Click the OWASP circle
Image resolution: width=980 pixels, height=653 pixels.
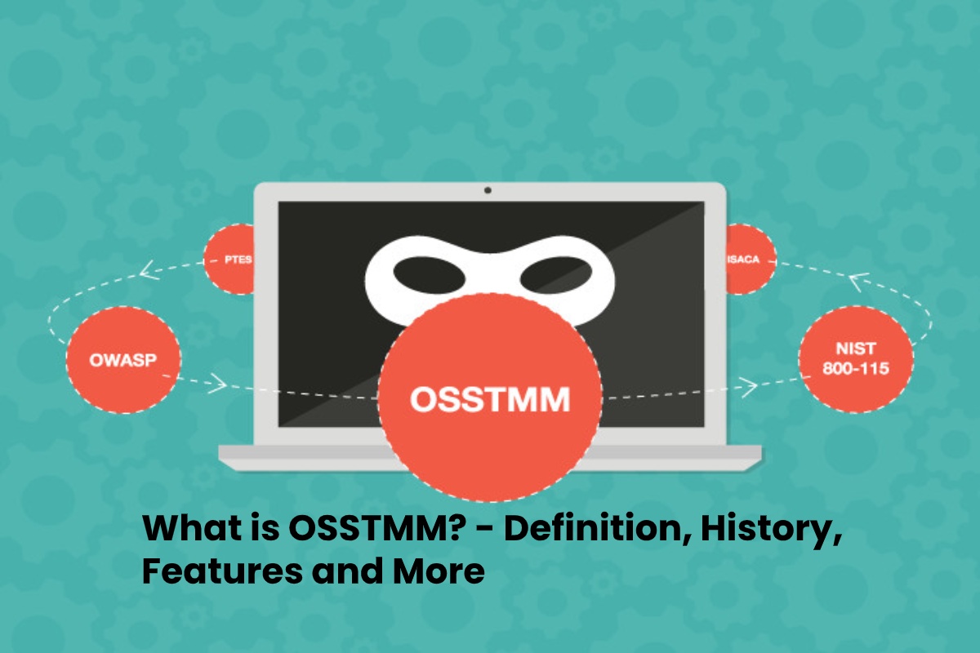pyautogui.click(x=123, y=359)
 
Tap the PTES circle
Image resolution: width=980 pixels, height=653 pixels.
pyautogui.click(x=229, y=259)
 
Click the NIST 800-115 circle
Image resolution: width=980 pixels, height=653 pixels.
pyautogui.click(x=856, y=359)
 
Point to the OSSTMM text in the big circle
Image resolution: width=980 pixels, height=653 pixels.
pyautogui.click(x=490, y=399)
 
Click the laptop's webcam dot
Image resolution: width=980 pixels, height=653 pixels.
pyautogui.click(x=488, y=190)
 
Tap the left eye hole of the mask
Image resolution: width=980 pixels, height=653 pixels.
pyautogui.click(x=429, y=273)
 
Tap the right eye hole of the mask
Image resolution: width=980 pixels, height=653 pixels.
pyautogui.click(x=555, y=273)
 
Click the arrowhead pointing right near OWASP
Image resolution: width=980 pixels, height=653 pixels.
pyautogui.click(x=217, y=384)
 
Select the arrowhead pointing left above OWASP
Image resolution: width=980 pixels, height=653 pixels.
pyautogui.click(x=149, y=269)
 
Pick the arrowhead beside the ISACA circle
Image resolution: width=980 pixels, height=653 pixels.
pyautogui.click(x=858, y=282)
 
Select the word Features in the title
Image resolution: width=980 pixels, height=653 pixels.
pyautogui.click(x=222, y=571)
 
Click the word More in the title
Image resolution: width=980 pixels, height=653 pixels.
pyautogui.click(x=439, y=571)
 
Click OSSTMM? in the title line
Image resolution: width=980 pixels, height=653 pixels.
pyautogui.click(x=376, y=528)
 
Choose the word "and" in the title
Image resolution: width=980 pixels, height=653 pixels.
pyautogui.click(x=347, y=571)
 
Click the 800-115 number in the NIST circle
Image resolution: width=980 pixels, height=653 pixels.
pyautogui.click(x=856, y=369)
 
